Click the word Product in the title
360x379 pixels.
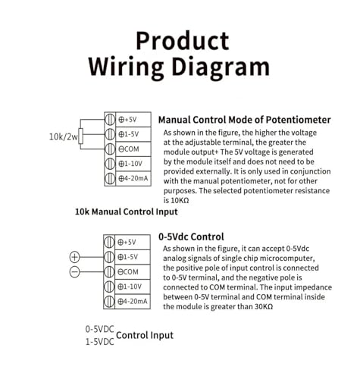(x=183, y=41)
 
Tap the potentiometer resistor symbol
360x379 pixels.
(x=80, y=136)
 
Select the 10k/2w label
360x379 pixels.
(x=63, y=136)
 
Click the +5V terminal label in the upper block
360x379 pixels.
(x=127, y=120)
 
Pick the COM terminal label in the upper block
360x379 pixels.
(x=129, y=149)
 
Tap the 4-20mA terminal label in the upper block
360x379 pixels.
(x=133, y=178)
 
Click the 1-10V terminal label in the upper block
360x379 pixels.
(x=130, y=164)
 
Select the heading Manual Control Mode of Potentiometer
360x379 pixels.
(x=245, y=120)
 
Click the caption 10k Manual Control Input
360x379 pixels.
(x=127, y=211)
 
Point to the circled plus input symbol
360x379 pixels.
(x=74, y=257)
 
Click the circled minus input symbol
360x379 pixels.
(x=74, y=272)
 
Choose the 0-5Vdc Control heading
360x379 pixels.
(x=191, y=236)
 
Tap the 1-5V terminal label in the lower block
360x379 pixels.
(x=128, y=257)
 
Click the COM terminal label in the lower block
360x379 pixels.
(x=128, y=272)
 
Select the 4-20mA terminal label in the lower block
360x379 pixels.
(x=132, y=301)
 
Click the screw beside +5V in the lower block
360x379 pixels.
(x=109, y=243)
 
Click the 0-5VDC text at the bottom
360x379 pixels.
(x=100, y=329)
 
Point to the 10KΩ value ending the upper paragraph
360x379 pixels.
(x=180, y=201)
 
